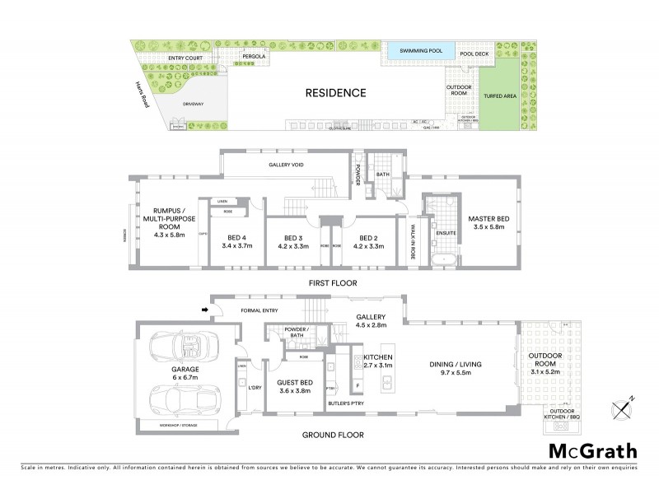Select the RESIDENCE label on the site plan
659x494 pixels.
pos(335,93)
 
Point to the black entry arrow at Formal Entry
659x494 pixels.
pos(204,310)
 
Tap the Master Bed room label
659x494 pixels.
pos(486,223)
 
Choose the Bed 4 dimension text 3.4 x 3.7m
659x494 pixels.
pos(238,245)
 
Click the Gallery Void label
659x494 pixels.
pos(287,165)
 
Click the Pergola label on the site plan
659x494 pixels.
pos(253,57)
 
